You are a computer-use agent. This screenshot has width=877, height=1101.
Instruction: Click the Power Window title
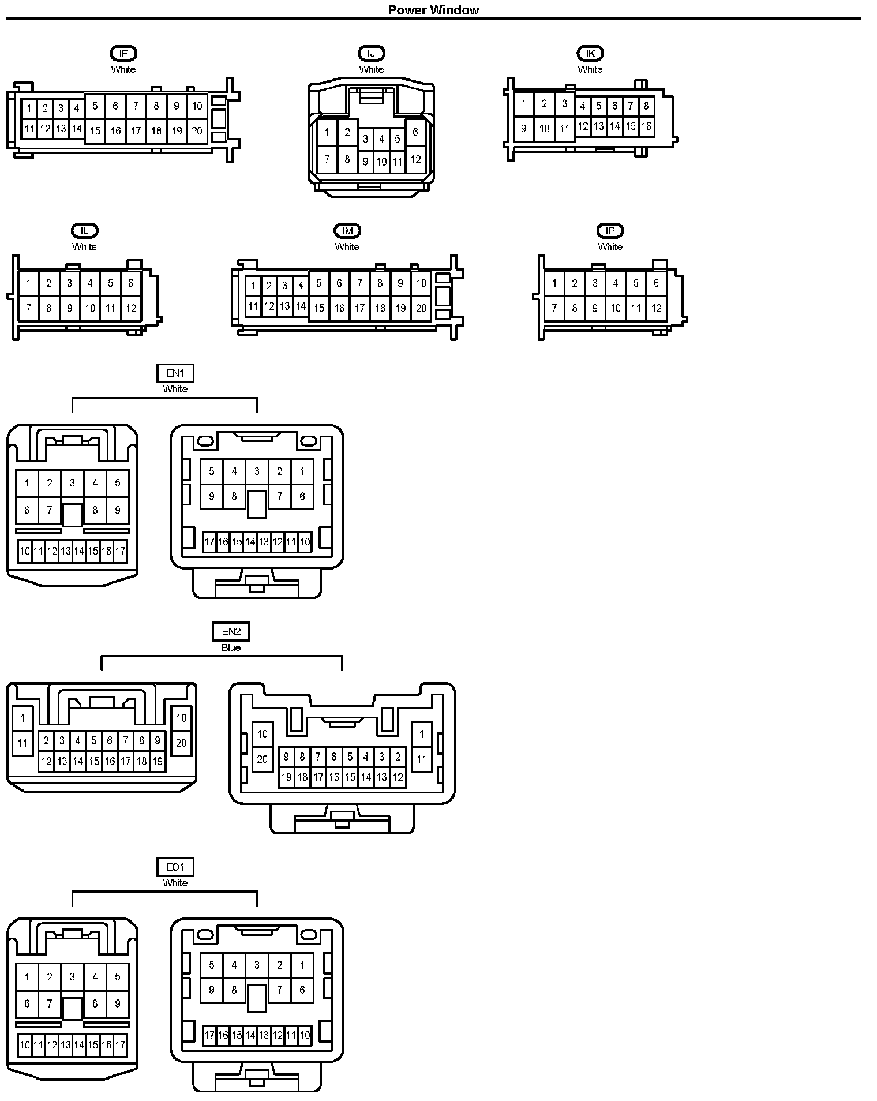(x=433, y=10)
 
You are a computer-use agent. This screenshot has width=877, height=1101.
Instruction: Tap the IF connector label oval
(x=123, y=54)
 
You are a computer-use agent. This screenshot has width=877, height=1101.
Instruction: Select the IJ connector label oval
(x=371, y=54)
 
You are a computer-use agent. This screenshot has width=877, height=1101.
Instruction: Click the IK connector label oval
(x=590, y=54)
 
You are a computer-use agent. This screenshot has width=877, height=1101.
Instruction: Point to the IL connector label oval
(x=84, y=231)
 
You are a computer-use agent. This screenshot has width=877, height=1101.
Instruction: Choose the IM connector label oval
(x=347, y=231)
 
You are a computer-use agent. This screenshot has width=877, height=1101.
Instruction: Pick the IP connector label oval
(x=610, y=231)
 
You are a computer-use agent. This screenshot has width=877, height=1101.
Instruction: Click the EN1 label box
(x=175, y=373)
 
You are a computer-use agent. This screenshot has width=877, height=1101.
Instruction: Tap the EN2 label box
(x=231, y=632)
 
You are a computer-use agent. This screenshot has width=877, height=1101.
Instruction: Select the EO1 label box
(x=175, y=867)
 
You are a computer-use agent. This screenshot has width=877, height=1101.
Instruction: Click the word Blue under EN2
(x=231, y=647)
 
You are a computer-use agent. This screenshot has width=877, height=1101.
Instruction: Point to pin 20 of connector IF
(x=197, y=130)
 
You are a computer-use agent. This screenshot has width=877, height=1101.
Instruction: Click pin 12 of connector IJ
(x=415, y=159)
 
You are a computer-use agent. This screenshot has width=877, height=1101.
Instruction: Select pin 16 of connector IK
(x=646, y=126)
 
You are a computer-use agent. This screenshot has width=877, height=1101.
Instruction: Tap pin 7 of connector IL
(x=28, y=308)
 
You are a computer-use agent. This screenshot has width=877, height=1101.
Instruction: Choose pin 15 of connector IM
(x=318, y=308)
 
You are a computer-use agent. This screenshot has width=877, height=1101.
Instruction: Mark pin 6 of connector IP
(x=656, y=283)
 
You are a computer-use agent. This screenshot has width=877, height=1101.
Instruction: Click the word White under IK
(x=590, y=69)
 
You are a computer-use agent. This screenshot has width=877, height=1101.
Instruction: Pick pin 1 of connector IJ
(x=327, y=132)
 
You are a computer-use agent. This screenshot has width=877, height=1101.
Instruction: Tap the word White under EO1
(x=175, y=883)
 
